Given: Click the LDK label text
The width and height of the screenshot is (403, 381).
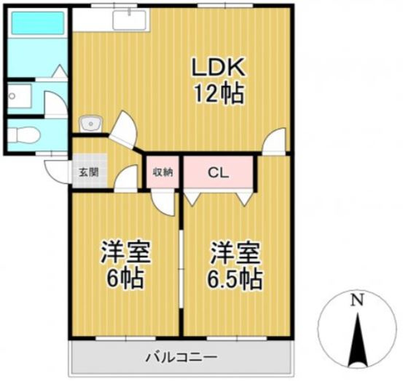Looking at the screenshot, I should click(218, 68).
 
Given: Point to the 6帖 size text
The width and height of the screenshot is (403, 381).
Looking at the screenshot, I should click(125, 278).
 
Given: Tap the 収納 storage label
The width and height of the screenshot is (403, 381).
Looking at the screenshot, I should click(163, 173).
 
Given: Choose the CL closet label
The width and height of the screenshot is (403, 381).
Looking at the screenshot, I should click(218, 173).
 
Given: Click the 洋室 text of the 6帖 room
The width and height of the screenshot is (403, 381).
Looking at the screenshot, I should click(125, 254).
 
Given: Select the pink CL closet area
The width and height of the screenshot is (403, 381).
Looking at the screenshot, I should click(219, 172).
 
